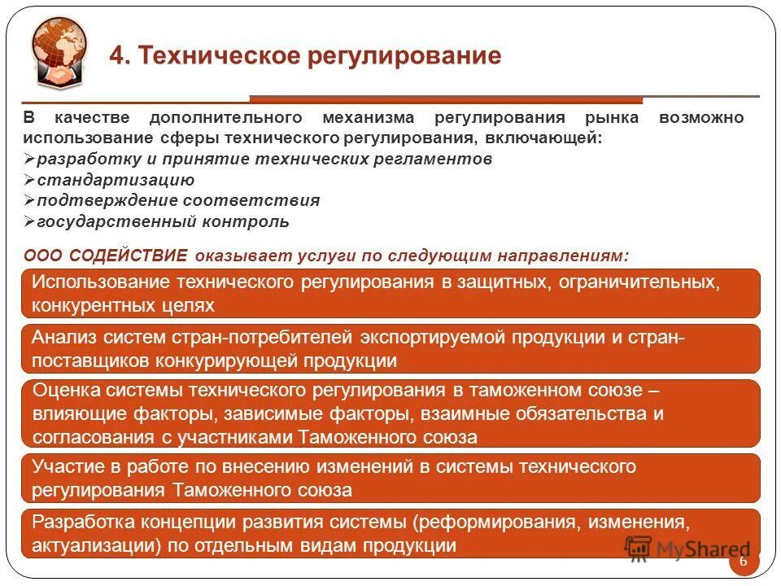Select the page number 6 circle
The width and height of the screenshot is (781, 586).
tap(743, 562)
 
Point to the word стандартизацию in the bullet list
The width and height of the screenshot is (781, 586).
tap(116, 180)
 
